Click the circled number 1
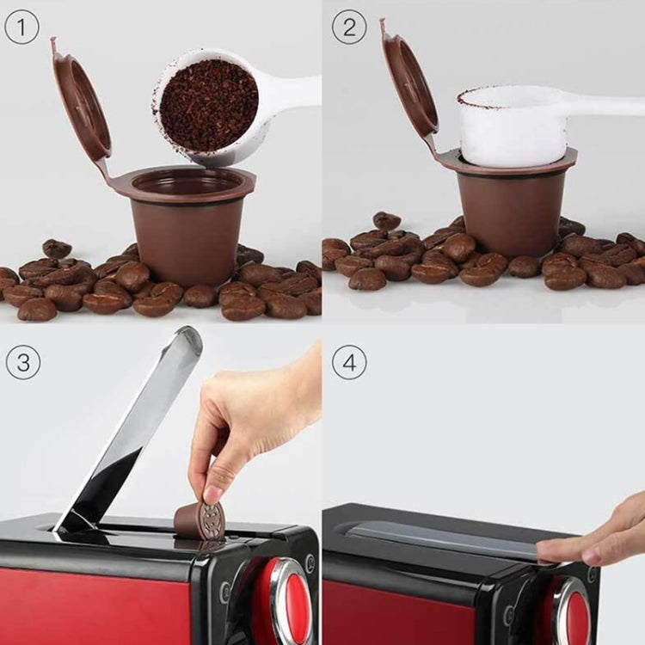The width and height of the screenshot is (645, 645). [x=21, y=28]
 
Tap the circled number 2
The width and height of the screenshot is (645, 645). [x=348, y=28]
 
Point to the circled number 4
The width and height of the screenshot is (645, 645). [x=348, y=362]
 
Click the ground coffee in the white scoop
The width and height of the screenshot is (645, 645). [x=209, y=104]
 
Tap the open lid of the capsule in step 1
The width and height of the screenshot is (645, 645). [x=82, y=107]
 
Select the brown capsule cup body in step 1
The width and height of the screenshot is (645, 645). [x=186, y=237]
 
